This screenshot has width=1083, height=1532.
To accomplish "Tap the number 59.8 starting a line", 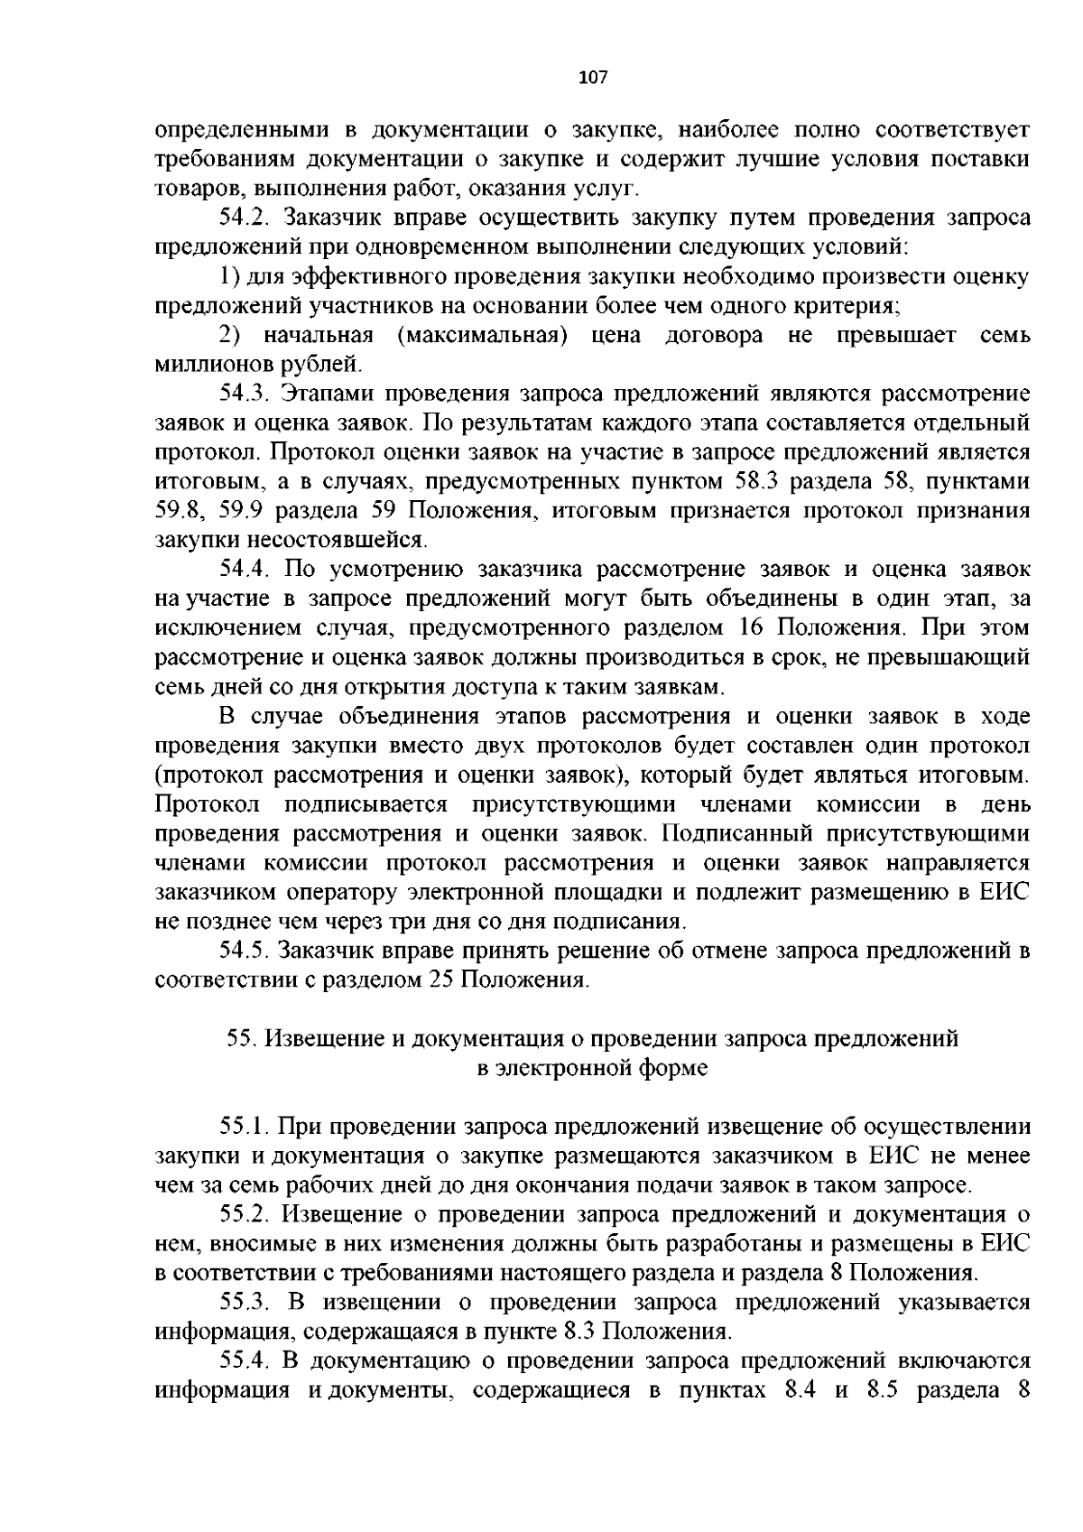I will pyautogui.click(x=175, y=512).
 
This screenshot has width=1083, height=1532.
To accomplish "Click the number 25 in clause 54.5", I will pyautogui.click(x=440, y=980).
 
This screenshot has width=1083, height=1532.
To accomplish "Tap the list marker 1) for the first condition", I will pyautogui.click(x=229, y=276).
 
